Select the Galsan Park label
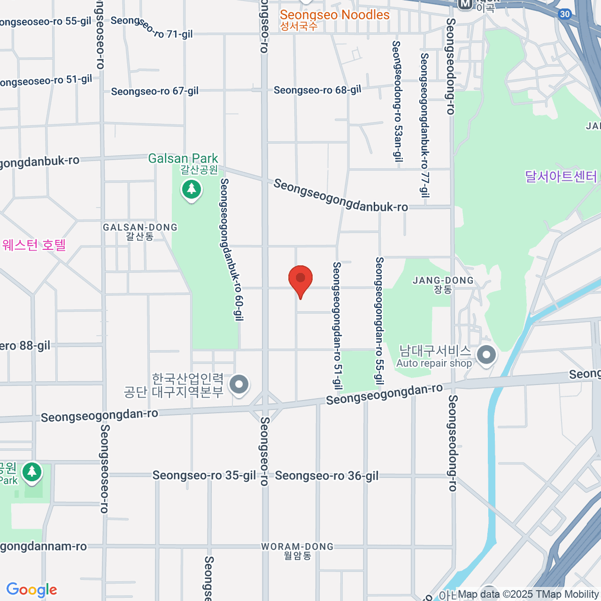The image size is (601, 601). point(183,159)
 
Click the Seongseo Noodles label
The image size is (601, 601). point(335,15)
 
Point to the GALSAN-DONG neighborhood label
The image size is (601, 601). point(140,227)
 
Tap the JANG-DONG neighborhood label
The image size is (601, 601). point(443,280)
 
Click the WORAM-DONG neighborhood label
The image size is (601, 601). point(297,546)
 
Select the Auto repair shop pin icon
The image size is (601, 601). point(486,356)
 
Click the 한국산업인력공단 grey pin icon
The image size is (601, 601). point(239,385)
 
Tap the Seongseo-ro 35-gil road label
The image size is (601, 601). point(204,475)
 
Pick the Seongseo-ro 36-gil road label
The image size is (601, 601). point(327,476)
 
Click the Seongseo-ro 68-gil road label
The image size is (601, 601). point(317,90)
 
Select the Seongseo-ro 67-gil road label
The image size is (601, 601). point(155,91)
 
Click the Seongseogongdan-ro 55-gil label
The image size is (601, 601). point(379,321)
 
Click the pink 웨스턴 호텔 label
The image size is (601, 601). point(34,245)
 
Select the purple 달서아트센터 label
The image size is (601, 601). point(561,176)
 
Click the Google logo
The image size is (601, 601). point(32,590)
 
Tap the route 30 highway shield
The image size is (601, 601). point(565,14)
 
